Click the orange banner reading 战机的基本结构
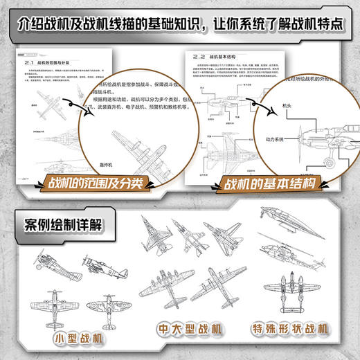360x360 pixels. [x=266, y=184]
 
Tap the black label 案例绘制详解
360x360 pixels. [x=61, y=226]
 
